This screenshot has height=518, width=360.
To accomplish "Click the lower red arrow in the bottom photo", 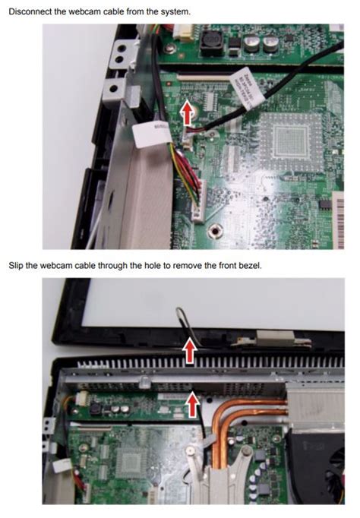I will click(193, 403).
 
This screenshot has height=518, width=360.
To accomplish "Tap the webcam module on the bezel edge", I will click(270, 338).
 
